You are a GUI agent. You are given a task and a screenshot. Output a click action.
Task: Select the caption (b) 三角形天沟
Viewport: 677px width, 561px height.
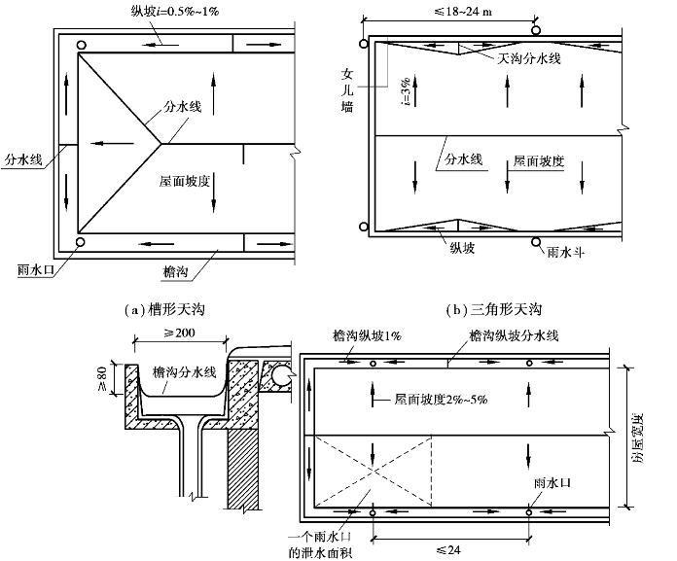pyautogui.click(x=493, y=309)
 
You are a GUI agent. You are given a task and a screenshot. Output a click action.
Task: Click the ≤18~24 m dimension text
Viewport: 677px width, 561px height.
pyautogui.click(x=444, y=12)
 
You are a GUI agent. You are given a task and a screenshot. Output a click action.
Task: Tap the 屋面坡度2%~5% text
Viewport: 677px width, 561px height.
pyautogui.click(x=443, y=399)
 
